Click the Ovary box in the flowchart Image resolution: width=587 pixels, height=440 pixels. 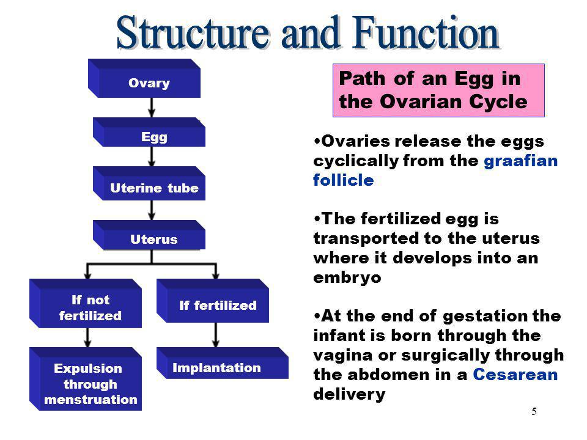144,78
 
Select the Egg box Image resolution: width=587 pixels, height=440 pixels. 149,132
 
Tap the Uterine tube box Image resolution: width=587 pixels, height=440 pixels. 149,183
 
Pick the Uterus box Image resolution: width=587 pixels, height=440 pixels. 149,235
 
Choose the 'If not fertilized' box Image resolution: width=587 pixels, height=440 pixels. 86,304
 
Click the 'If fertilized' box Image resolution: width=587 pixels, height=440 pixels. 213,301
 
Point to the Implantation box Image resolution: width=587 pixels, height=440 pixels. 223,363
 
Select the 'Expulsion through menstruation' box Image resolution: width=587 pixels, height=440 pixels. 86,379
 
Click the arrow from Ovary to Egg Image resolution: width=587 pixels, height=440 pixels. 152,108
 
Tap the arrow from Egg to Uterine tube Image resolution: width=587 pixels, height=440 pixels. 152,156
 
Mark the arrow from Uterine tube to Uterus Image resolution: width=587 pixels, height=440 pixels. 152,210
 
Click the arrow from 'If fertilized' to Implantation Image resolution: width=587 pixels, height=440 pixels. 216,335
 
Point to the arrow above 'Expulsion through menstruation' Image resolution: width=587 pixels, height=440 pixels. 87,337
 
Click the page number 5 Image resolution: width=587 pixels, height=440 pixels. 534,411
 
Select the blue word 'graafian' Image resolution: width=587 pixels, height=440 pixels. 521,161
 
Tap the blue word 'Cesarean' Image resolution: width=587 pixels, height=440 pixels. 515,374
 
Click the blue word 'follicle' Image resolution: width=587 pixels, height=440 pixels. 343,180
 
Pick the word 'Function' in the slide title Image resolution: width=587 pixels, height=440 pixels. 426,33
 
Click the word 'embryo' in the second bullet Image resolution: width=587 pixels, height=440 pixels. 347,277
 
